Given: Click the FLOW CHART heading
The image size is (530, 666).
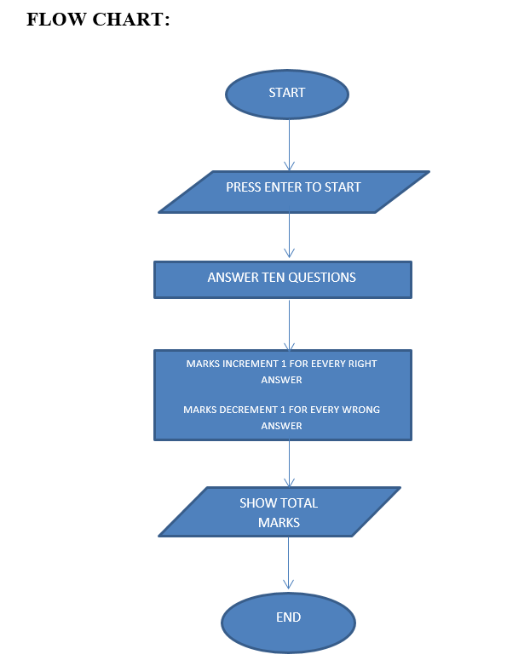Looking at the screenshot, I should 98,20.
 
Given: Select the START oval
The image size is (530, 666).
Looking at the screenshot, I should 287,94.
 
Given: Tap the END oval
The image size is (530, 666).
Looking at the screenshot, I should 288,619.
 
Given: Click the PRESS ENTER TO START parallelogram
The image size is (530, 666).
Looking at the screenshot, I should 293,191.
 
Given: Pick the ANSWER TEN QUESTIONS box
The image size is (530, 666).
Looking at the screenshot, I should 282,279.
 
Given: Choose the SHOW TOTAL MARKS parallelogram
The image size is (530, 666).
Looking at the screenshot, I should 279,513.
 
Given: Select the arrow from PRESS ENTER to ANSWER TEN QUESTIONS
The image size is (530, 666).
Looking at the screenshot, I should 289,235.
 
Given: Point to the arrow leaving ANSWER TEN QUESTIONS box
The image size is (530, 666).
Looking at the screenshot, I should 289,324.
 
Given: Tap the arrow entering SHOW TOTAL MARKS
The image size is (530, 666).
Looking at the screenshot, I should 289,464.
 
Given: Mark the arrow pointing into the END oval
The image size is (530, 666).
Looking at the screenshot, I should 288,564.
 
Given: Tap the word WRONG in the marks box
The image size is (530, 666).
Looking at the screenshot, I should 362,410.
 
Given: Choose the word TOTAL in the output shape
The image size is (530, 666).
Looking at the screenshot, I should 298,503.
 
